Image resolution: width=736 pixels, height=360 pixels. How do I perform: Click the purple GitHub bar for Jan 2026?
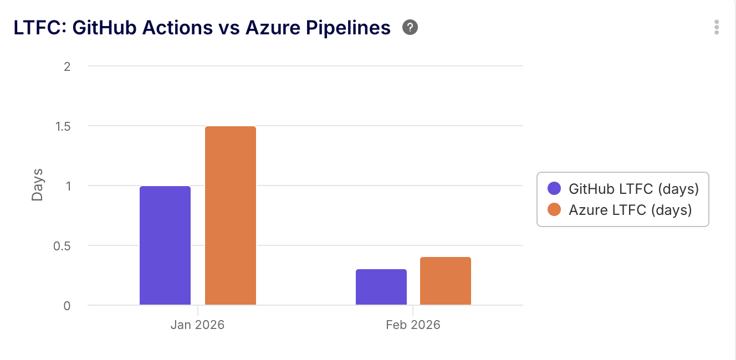[165, 245]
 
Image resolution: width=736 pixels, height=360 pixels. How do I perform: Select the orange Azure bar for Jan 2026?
[231, 216]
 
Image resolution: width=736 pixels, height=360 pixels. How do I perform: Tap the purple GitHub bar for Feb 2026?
[381, 287]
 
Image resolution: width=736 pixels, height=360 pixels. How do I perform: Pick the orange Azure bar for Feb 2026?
[446, 281]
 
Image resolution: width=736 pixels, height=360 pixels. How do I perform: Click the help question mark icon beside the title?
[410, 27]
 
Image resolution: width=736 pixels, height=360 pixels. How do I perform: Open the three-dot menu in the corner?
[717, 27]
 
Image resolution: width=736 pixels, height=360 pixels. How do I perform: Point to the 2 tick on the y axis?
[67, 66]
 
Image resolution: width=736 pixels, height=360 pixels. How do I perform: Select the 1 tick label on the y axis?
[68, 186]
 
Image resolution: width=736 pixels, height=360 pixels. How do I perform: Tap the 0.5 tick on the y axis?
[62, 246]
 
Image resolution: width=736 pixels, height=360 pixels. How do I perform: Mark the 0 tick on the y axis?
[67, 306]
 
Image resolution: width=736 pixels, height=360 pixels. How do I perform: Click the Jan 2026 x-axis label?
[198, 325]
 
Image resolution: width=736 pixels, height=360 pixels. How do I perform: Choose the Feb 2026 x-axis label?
[413, 325]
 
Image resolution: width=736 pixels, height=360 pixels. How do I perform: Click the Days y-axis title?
[37, 185]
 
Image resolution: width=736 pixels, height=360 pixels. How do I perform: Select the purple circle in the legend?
[554, 189]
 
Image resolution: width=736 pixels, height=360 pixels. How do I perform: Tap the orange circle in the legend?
[554, 210]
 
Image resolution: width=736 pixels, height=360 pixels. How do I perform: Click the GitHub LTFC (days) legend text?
[633, 189]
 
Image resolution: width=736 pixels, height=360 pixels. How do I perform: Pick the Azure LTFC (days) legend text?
[630, 210]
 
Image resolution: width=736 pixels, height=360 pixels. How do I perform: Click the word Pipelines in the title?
[348, 28]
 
